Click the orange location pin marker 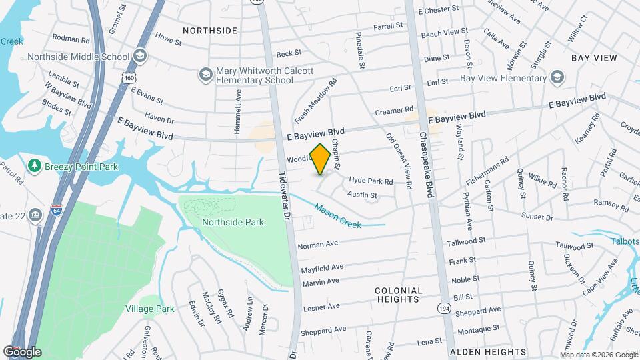pyautogui.click(x=320, y=159)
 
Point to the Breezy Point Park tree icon pyautogui.click(x=33, y=165)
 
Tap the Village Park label pyautogui.click(x=150, y=309)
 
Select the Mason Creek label pyautogui.click(x=338, y=217)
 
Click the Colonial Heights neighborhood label pyautogui.click(x=399, y=295)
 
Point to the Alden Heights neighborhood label pyautogui.click(x=487, y=351)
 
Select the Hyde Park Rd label pyautogui.click(x=371, y=181)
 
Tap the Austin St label pyautogui.click(x=363, y=195)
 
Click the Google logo pyautogui.click(x=22, y=352)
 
